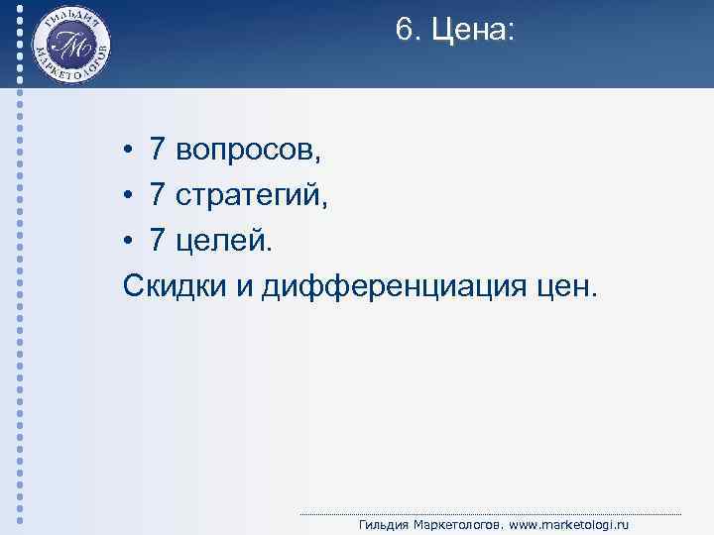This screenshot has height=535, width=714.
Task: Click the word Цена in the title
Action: click(473, 32)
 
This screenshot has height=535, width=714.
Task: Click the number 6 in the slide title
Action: click(404, 31)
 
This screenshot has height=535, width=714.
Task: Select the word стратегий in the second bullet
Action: click(252, 195)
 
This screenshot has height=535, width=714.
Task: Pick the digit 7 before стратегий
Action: click(158, 194)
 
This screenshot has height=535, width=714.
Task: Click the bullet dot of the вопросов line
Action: click(130, 151)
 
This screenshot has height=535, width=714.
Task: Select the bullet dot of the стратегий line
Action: click(130, 196)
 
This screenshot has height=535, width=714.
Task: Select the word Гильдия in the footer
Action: click(387, 525)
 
